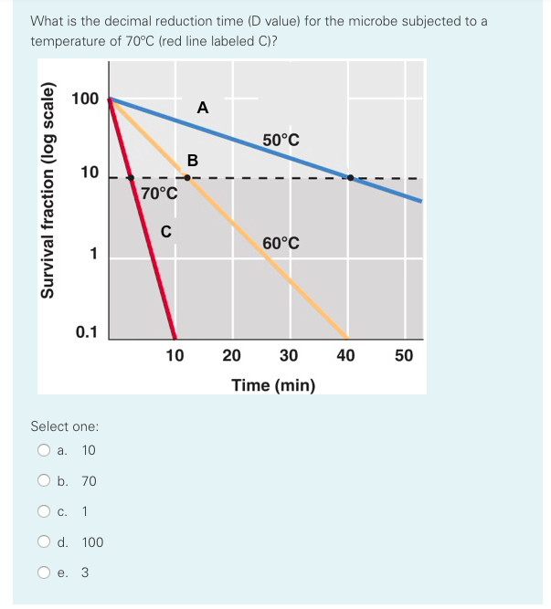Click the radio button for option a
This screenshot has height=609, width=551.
point(43,450)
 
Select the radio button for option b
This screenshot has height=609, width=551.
point(43,481)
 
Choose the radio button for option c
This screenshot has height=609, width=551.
point(43,511)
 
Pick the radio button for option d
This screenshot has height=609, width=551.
point(43,542)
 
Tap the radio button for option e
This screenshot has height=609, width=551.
point(43,573)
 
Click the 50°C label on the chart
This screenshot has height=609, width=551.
point(281,140)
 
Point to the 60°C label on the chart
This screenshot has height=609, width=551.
point(281,243)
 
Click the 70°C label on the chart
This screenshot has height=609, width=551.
point(160,194)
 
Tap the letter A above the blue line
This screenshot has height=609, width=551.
point(202,108)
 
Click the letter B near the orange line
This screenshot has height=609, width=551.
point(192,161)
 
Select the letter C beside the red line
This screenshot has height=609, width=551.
point(166,231)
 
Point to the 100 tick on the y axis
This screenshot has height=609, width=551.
point(84,99)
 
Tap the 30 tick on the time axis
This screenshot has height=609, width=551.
point(288,355)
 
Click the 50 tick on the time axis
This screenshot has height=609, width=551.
point(404,355)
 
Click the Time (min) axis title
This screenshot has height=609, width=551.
point(273,385)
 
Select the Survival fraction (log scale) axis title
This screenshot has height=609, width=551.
point(48,198)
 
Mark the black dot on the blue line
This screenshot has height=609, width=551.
point(351,177)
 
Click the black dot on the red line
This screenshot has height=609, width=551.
point(131,177)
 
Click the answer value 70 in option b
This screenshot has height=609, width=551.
point(89,481)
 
